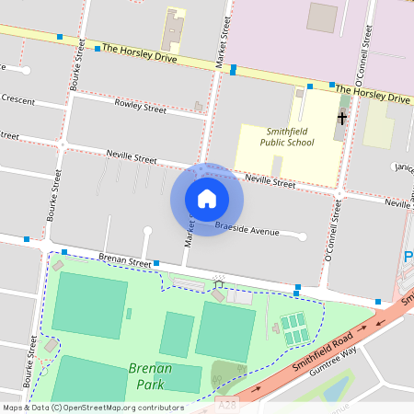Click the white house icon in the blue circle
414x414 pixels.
(x=207, y=198)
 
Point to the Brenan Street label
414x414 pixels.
(x=125, y=262)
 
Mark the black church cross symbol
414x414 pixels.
(x=342, y=118)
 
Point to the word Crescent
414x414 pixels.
(x=17, y=99)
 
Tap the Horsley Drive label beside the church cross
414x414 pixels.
(x=372, y=94)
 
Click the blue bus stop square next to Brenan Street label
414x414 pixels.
(x=157, y=264)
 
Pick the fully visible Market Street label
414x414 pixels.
(x=221, y=43)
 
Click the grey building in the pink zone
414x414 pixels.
(x=322, y=17)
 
